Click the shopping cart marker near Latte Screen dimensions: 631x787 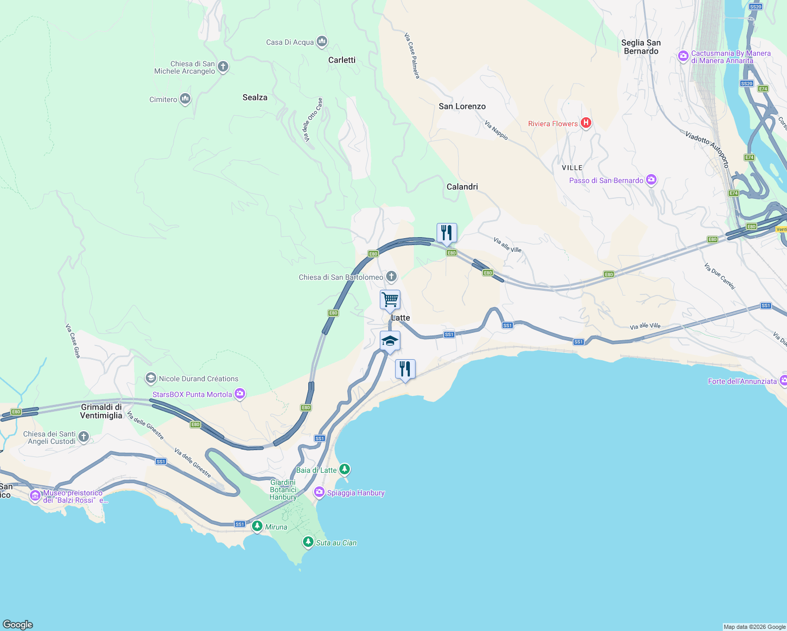tap(390, 300)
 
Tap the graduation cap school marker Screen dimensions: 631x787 tap(390, 341)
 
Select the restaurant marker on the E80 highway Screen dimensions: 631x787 tap(447, 232)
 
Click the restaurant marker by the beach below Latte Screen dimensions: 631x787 tap(405, 369)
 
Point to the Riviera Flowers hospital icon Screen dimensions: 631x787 tap(586, 123)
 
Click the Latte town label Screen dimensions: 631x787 tap(400, 318)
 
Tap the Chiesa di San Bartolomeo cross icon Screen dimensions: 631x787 tap(391, 276)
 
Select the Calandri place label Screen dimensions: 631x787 tap(462, 187)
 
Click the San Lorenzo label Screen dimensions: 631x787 tap(462, 106)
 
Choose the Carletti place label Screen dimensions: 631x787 tap(342, 60)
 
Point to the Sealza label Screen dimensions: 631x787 tap(255, 97)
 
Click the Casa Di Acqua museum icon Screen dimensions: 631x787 tap(322, 42)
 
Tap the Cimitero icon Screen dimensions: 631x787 tap(185, 99)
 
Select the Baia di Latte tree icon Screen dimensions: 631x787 tap(344, 469)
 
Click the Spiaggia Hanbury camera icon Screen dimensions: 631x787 tap(319, 492)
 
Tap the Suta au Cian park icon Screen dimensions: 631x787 tap(308, 542)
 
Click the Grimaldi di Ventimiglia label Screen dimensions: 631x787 tap(101, 411)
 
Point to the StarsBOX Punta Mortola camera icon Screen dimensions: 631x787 tap(239, 394)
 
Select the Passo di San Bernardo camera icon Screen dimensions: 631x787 tap(651, 180)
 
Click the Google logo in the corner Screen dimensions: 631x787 tap(17, 624)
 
